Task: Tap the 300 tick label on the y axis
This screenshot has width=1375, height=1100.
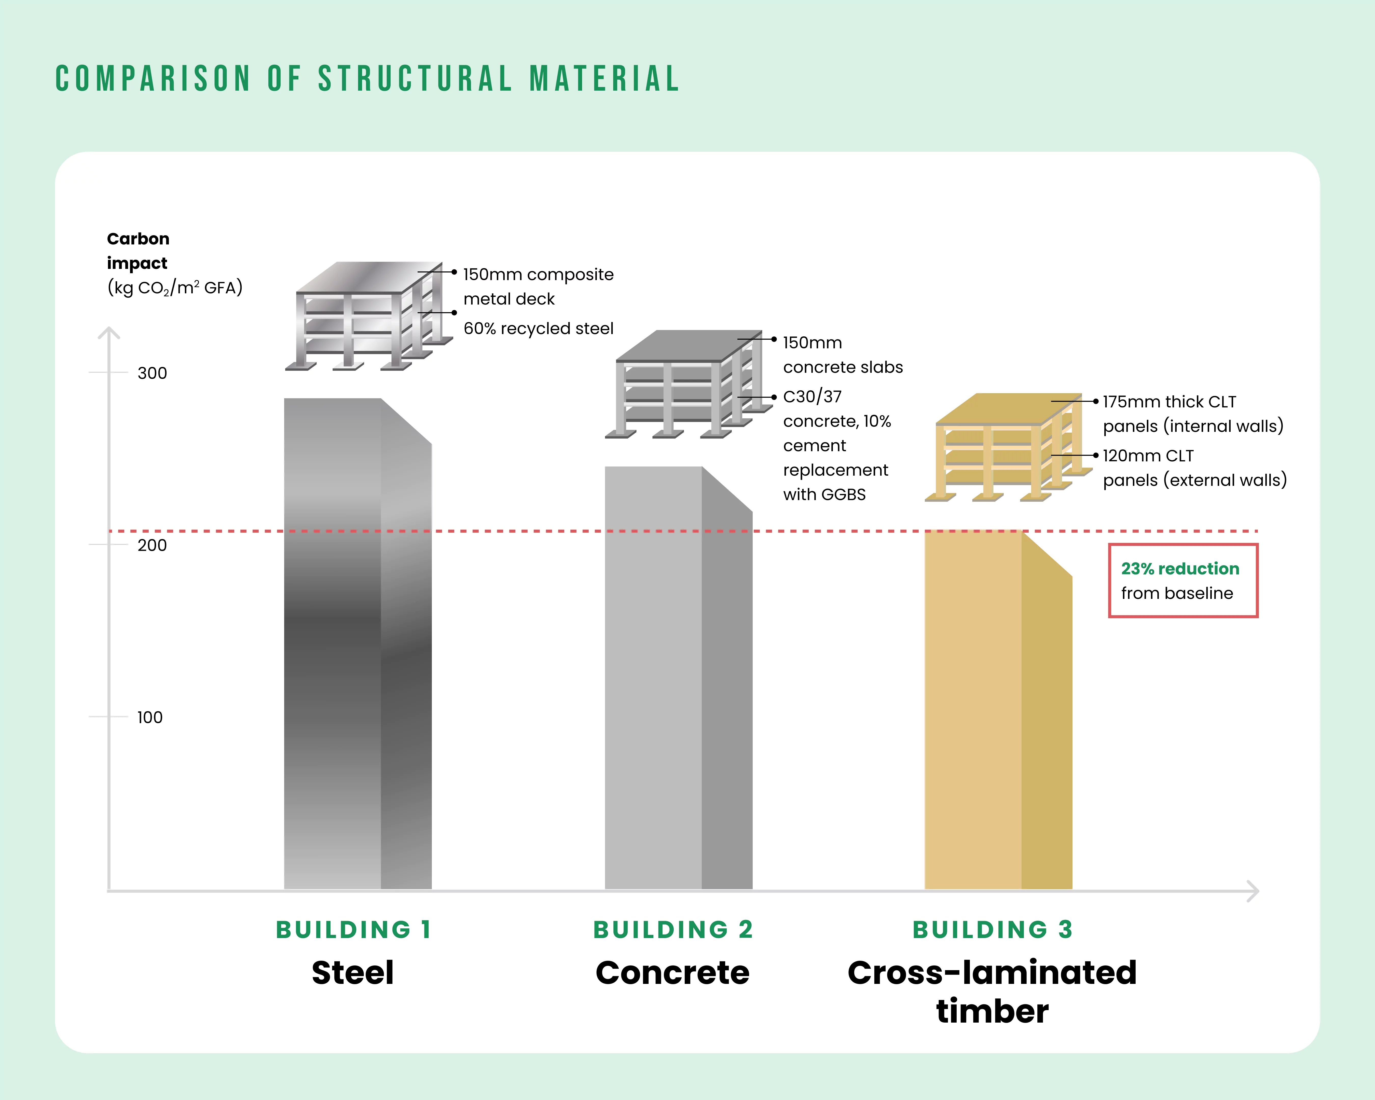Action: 152,373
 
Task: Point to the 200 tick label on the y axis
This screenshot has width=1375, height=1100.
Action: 152,545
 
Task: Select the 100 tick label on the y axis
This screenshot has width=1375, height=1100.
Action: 150,717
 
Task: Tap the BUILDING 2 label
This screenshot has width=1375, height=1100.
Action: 673,930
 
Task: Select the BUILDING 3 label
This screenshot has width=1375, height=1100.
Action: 992,930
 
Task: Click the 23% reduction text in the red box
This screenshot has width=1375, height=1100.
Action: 1180,569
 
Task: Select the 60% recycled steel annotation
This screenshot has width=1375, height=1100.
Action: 538,328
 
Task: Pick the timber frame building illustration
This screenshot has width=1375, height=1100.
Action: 1008,446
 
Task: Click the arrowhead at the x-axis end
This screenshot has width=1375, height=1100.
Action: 1253,891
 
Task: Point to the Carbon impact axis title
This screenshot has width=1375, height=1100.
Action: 138,251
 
